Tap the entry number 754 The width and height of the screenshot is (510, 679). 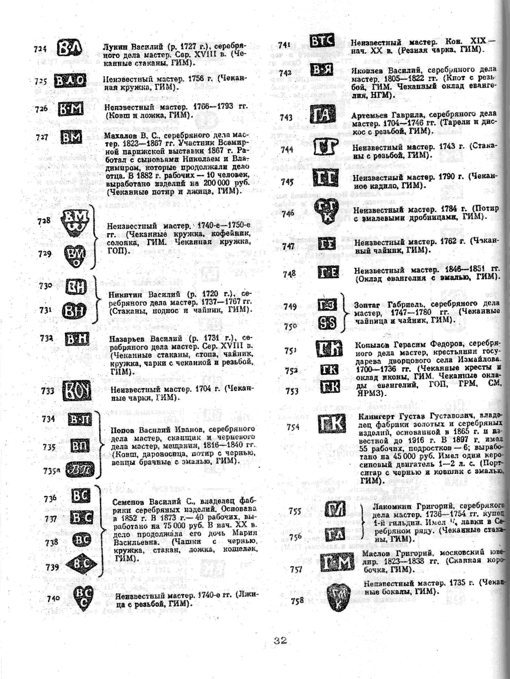(x=293, y=427)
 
